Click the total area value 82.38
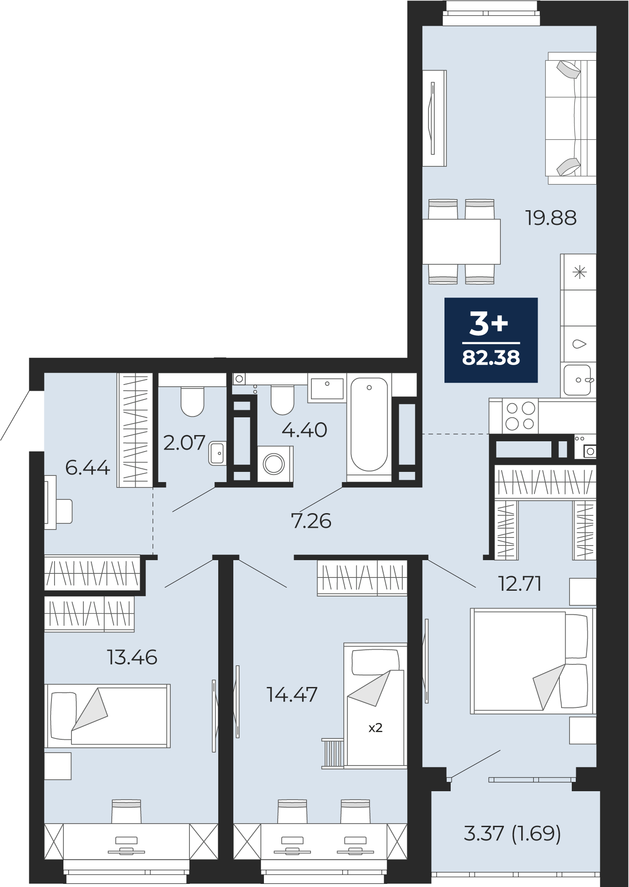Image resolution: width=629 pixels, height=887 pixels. tap(491, 357)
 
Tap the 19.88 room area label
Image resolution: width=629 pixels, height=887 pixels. tap(551, 218)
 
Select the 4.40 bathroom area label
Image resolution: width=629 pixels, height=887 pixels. tap(305, 430)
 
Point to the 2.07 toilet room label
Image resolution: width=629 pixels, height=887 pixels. tap(184, 443)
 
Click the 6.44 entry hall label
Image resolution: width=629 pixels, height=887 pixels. tap(87, 467)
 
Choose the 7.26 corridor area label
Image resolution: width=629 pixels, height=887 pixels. tap(311, 521)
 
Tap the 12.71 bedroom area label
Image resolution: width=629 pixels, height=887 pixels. tap(520, 584)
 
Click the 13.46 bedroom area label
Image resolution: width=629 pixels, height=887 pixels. tap(132, 657)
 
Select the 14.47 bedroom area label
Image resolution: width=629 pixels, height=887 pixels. tap(292, 695)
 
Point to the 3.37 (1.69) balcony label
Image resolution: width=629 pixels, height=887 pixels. tap(512, 833)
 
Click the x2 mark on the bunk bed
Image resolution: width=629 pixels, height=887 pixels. tap(375, 728)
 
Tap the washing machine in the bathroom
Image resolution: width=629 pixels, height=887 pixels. tap(275, 464)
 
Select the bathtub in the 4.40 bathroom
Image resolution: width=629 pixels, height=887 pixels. tap(369, 425)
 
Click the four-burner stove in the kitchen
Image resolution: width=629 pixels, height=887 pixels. tap(520, 416)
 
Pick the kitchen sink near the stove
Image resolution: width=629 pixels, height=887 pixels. tap(578, 380)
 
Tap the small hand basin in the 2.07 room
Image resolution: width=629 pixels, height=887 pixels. tap(217, 453)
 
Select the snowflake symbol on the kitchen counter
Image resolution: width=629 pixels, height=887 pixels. tap(580, 272)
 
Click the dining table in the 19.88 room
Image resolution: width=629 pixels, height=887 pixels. tap(461, 242)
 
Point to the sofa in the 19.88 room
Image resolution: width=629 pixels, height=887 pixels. tap(571, 118)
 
